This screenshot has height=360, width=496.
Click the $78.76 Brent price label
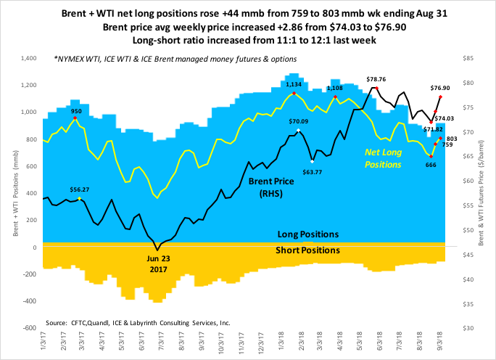click(x=376, y=79)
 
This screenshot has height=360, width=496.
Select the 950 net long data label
click(x=76, y=111)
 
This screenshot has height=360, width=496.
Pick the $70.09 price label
click(x=299, y=121)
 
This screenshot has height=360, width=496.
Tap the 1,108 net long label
click(x=334, y=87)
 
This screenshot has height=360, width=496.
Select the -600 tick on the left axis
click(x=29, y=327)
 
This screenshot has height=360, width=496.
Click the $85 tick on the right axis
click(x=466, y=58)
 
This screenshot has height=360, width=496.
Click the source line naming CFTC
click(x=139, y=322)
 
